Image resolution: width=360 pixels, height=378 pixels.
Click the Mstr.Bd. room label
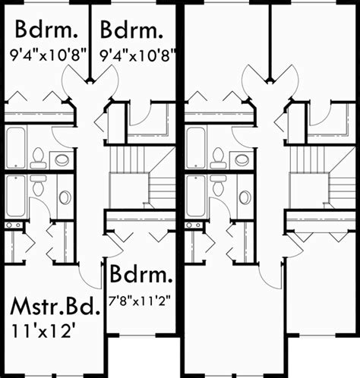[55, 307]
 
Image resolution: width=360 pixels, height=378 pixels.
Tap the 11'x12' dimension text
[43, 331]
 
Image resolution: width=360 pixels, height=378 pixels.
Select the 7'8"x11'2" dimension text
[139, 301]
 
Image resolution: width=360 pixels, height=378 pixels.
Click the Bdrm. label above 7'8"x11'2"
[141, 274]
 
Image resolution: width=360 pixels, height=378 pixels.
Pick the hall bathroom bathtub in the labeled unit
[16, 148]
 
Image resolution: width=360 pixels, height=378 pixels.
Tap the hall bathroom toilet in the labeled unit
[38, 159]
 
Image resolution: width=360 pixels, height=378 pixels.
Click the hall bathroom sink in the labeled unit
[62, 160]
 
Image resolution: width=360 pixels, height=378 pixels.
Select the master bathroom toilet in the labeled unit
[38, 185]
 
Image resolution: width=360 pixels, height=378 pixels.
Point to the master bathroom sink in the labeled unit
[65, 197]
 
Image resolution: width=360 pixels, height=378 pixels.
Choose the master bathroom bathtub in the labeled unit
[16, 196]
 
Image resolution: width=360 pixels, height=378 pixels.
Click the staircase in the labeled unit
[142, 178]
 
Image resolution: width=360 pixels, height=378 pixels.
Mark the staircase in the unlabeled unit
[322, 178]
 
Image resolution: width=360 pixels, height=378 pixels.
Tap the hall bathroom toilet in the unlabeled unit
[218, 159]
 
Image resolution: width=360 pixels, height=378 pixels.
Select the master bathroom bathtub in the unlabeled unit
[196, 196]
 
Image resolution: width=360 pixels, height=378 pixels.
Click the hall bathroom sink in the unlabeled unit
[242, 160]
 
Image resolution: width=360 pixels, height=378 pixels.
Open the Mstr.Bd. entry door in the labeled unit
[90, 276]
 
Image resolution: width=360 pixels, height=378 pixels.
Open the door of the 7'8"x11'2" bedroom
[115, 247]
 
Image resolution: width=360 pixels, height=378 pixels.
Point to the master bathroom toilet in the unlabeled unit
[218, 185]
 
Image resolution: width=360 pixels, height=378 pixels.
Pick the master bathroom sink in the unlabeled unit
[245, 197]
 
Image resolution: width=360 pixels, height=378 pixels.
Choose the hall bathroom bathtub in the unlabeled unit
[196, 148]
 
